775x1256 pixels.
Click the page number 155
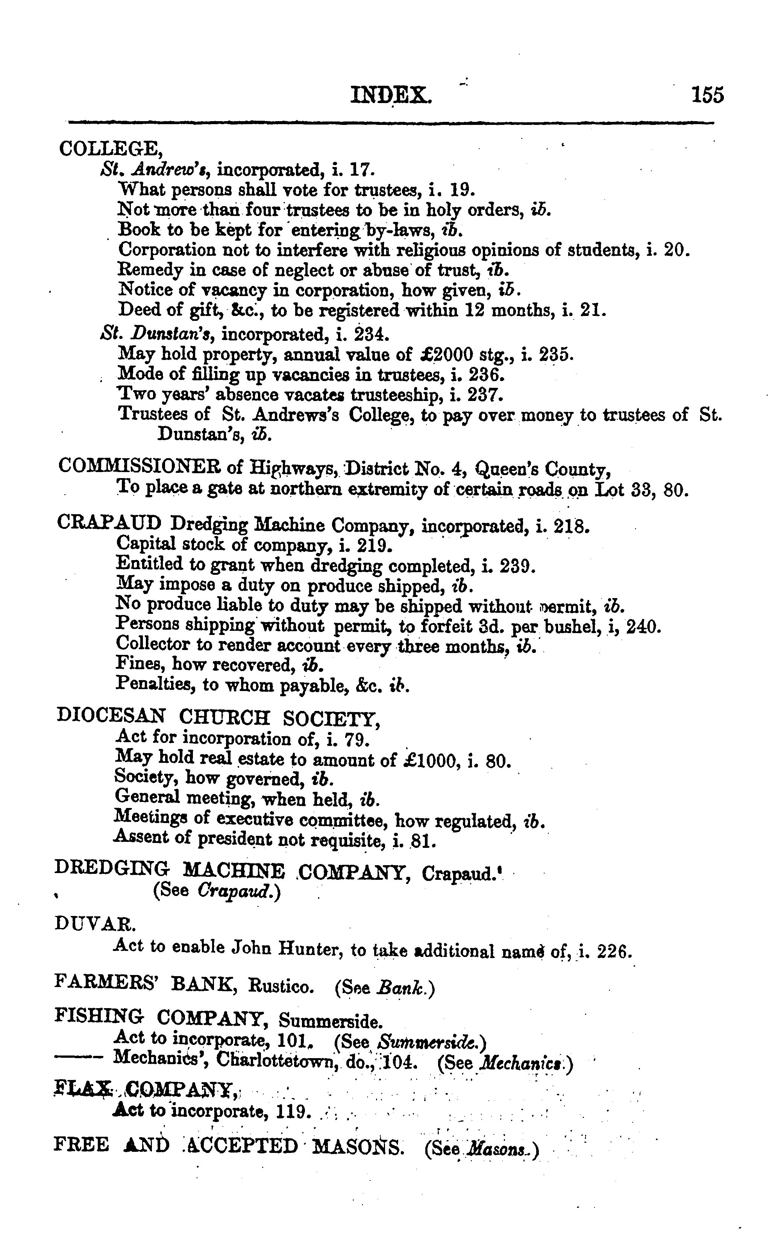click(707, 95)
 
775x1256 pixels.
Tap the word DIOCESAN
click(111, 716)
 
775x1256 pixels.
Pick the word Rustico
click(281, 986)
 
